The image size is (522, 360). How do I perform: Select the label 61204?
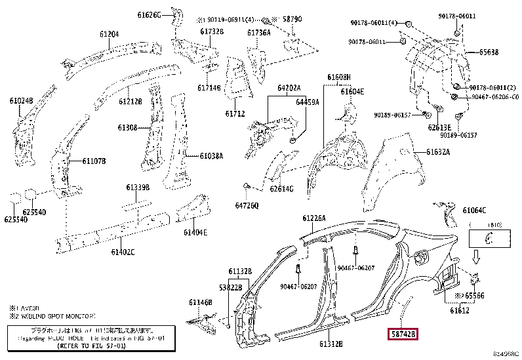110,34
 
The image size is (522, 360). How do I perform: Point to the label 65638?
488,52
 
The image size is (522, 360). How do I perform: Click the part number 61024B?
21,100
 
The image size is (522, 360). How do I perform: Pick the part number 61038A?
212,156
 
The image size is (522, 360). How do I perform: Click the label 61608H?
340,77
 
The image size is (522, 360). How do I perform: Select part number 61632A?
437,152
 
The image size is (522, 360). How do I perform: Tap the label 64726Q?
248,205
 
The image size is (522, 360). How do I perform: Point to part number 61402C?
123,251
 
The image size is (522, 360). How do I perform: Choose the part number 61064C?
474,210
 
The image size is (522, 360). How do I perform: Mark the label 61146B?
201,302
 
